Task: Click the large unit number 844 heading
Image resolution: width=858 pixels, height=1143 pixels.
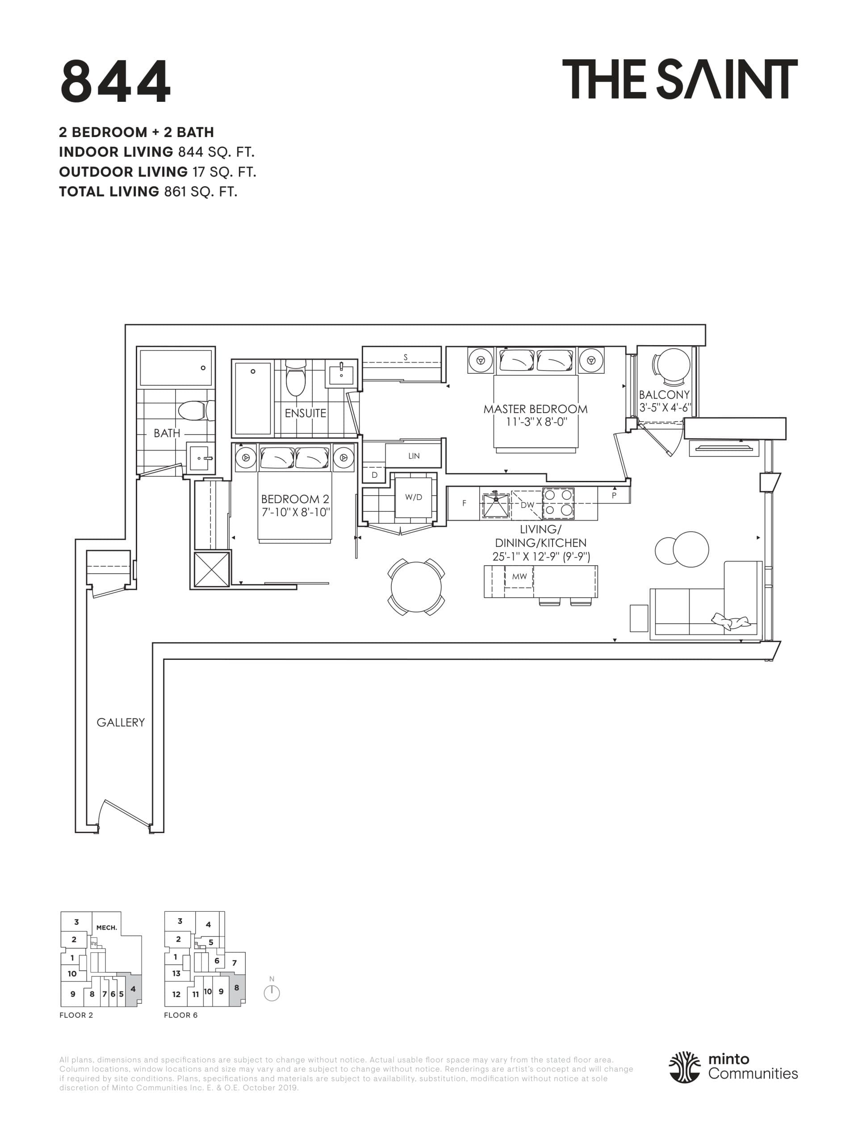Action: (115, 81)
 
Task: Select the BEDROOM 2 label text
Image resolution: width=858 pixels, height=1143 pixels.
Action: (295, 499)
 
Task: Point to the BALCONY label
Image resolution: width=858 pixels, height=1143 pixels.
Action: (664, 395)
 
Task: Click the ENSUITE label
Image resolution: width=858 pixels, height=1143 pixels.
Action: (306, 413)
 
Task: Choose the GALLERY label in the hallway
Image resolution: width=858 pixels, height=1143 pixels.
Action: (121, 722)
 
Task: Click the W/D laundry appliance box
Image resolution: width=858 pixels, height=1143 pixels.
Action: (414, 497)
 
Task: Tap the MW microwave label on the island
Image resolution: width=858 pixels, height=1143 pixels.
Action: (519, 576)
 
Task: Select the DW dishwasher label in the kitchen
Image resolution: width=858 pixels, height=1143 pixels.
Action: (527, 505)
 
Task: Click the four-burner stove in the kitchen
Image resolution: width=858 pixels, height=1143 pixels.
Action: (558, 503)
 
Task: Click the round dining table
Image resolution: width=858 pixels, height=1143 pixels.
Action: (416, 587)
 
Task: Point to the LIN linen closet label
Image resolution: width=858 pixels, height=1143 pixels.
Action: (414, 456)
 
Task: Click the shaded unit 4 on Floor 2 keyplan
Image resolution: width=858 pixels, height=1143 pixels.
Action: (132, 989)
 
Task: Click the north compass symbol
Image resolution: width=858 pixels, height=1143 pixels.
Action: (272, 993)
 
